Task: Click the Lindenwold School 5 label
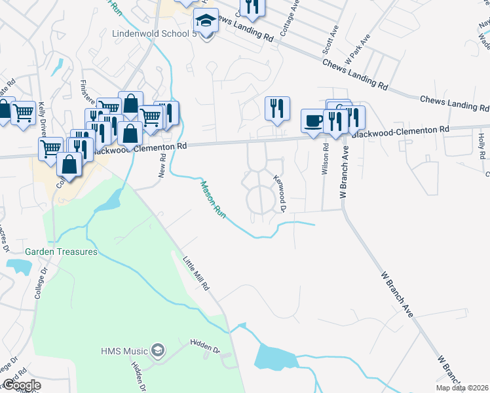[x=155, y=33]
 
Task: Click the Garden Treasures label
[x=61, y=252]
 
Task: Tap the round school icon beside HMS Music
[x=157, y=350]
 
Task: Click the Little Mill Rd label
[x=196, y=273]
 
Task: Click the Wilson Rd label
[x=324, y=156]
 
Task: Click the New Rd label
[x=163, y=170]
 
